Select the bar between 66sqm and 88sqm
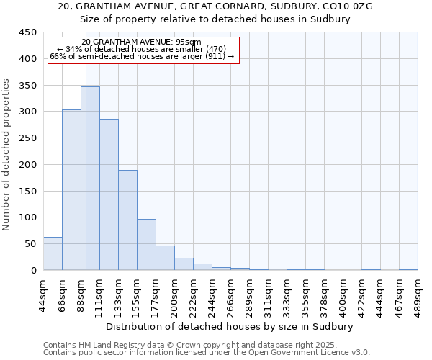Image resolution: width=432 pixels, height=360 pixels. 71,190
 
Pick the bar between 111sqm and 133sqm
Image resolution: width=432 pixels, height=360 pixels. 109,194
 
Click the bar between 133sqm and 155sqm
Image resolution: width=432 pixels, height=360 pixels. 127,220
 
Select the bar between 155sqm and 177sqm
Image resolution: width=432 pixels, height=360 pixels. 146,245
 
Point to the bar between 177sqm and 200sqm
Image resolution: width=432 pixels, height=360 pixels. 165,258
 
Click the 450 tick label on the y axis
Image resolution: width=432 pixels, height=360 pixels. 27,32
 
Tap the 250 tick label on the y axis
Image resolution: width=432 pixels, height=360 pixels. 27,138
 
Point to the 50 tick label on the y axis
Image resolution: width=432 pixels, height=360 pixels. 30,244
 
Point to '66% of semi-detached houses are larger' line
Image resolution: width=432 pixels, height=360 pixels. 142,56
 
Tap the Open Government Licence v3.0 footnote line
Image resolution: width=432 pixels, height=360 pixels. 207,352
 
